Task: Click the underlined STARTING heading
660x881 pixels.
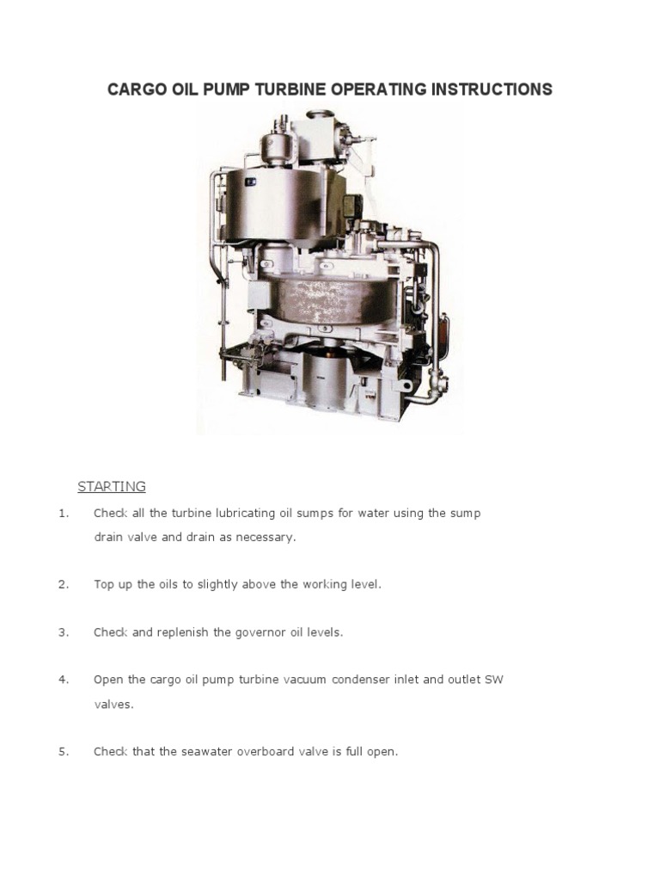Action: tap(112, 486)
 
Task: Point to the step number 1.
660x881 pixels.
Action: tap(63, 514)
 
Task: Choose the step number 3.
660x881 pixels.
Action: tap(63, 632)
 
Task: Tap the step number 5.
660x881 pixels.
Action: tap(63, 751)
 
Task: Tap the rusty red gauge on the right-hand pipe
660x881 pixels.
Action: tap(443, 328)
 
